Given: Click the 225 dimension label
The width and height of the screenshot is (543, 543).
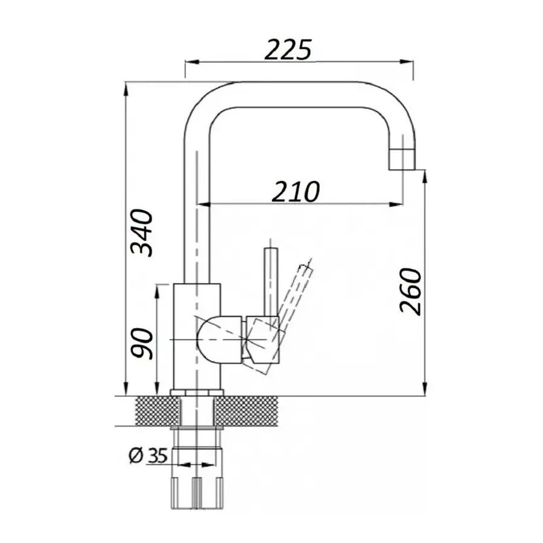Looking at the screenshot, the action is click(288, 49).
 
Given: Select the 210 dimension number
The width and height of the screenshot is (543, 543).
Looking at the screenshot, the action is click(296, 191).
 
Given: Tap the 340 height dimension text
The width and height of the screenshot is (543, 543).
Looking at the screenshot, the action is click(141, 233).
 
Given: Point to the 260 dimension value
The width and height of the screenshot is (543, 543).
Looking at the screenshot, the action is click(411, 291).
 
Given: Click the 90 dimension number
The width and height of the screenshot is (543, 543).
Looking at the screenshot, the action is click(141, 343).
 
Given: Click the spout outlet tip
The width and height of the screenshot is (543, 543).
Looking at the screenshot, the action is click(402, 159).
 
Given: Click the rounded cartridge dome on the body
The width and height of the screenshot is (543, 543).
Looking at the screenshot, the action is click(218, 340).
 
